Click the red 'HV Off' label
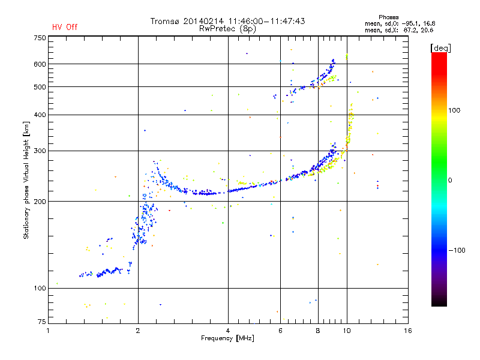pos(65,27)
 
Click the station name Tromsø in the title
pos(164,21)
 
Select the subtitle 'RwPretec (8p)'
pos(227,29)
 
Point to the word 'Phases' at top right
pos(388,17)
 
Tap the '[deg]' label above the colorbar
pos(440,48)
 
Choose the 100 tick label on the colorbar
pos(454,110)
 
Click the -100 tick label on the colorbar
pos(457,250)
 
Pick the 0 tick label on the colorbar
pos(450,181)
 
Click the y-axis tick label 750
pos(40,38)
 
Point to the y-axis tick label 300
pos(40,151)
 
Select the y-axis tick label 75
pos(42,322)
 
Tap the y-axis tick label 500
pos(40,87)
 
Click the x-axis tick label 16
pos(408,331)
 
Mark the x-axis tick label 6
pos(280,331)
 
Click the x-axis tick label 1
pos(48,331)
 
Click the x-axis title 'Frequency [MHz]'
pos(227,338)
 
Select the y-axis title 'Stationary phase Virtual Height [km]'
pos(26,181)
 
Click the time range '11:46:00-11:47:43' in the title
pos(266,21)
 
